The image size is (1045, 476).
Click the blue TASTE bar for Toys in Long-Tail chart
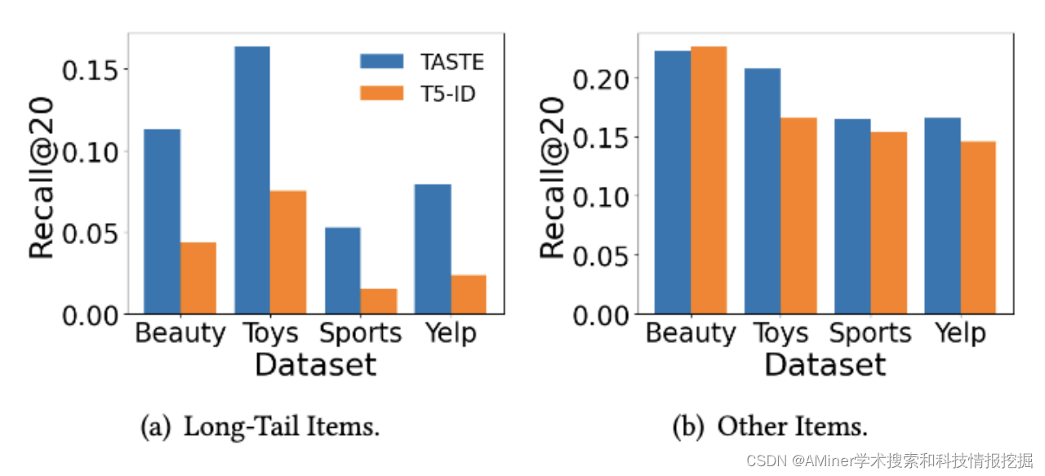click(x=252, y=180)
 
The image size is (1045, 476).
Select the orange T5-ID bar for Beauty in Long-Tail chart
click(x=198, y=278)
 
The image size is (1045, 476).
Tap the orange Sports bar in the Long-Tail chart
click(x=379, y=301)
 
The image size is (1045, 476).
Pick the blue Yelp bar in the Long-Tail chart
click(x=433, y=249)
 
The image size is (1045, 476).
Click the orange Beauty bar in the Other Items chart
click(x=709, y=180)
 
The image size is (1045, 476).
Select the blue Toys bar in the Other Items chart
click(x=763, y=191)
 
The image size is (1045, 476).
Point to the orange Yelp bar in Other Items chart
click(x=978, y=227)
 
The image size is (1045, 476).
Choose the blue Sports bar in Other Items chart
click(x=853, y=216)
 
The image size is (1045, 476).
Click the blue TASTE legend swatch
click(x=381, y=61)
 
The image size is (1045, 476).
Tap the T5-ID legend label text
click(x=448, y=94)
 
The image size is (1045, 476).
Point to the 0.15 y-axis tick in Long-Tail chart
click(x=90, y=71)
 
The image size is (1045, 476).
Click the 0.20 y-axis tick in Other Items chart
click(x=601, y=79)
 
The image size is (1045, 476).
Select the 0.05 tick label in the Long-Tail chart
click(x=90, y=234)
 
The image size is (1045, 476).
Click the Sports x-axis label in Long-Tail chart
click(x=360, y=334)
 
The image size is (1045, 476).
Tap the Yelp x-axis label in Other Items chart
click(x=961, y=334)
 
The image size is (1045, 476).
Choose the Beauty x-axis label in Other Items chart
click(x=691, y=334)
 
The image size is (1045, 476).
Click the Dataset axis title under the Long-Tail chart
click(x=316, y=364)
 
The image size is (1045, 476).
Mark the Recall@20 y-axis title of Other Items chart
click(x=553, y=177)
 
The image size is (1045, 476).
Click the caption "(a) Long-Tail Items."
click(x=260, y=427)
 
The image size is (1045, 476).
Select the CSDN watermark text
click(x=890, y=460)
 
